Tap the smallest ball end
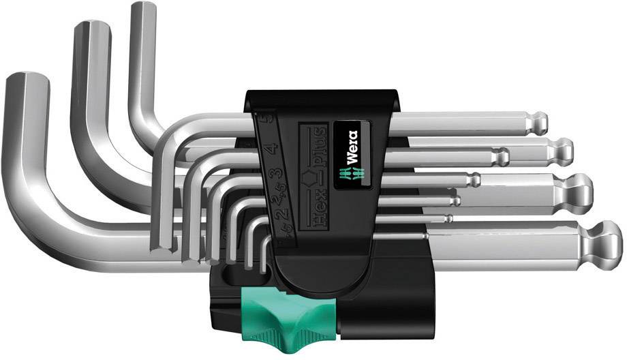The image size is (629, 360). click(450, 218)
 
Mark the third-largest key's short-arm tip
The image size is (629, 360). click(143, 8)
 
